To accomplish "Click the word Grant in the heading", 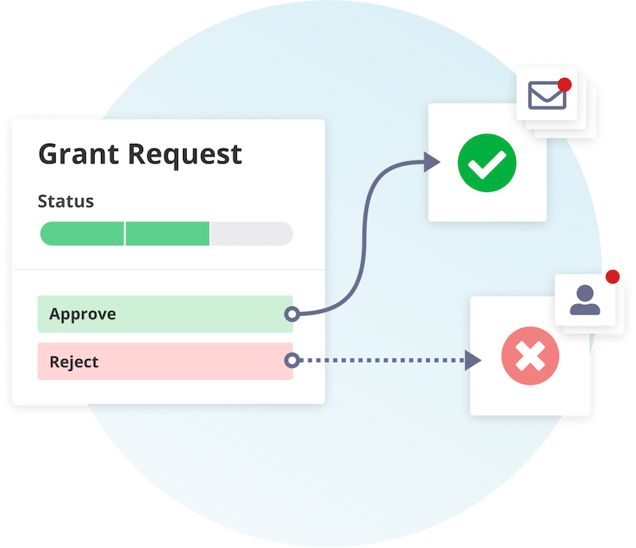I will [x=76, y=153].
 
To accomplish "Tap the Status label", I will [x=66, y=201].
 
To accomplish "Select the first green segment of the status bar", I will [x=82, y=233].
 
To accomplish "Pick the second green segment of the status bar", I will [x=167, y=233].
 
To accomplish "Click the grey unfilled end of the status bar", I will [x=250, y=233].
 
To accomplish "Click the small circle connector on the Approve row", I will [x=292, y=314].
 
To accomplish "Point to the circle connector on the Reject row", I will [x=292, y=361].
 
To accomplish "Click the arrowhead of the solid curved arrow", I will [x=432, y=163].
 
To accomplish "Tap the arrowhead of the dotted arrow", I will [x=473, y=361].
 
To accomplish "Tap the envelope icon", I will [x=547, y=96].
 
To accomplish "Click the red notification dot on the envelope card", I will [x=565, y=84].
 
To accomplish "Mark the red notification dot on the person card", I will [x=612, y=276].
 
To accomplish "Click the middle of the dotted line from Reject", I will [x=382, y=361].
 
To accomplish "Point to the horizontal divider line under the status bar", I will [x=169, y=270].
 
